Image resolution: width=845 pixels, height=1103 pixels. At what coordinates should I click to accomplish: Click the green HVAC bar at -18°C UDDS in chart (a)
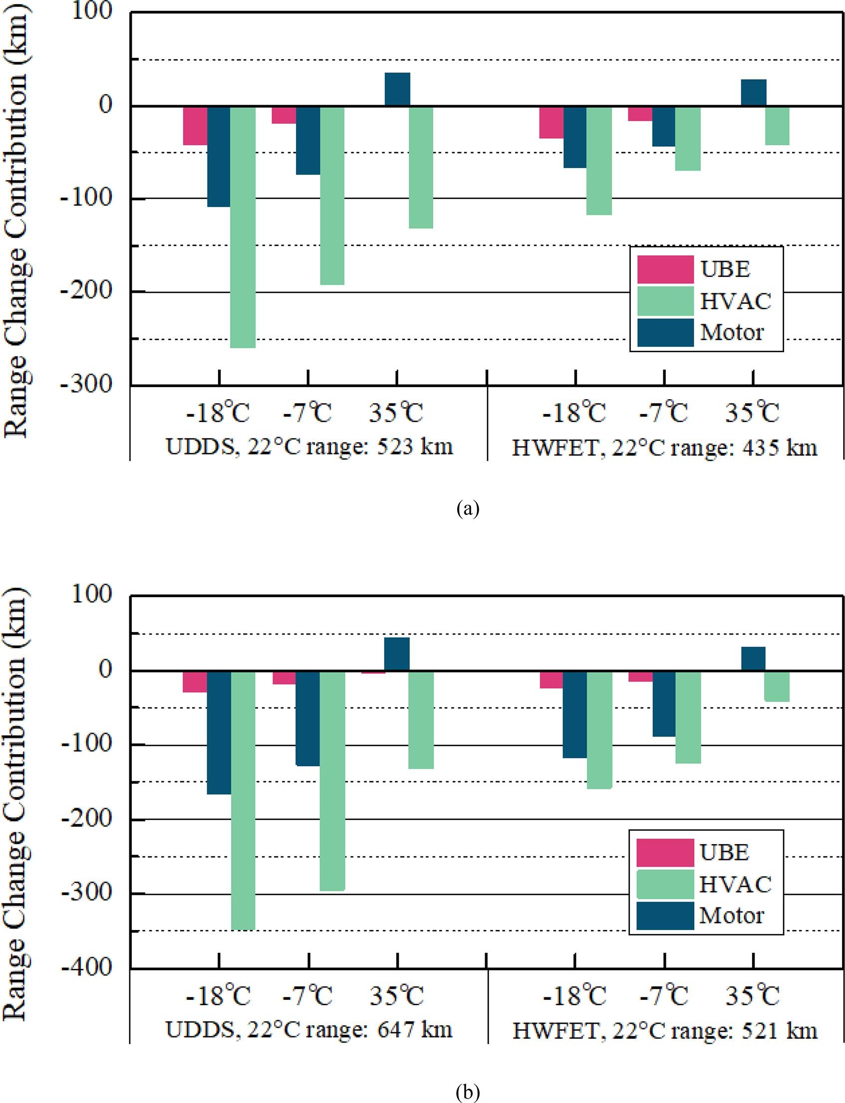(x=243, y=226)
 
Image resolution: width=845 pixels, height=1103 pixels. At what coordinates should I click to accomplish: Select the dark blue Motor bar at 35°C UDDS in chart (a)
(x=397, y=89)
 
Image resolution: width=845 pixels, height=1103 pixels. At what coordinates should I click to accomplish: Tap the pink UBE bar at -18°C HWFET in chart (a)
(x=551, y=122)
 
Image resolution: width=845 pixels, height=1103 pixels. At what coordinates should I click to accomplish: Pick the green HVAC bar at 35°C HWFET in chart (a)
(x=777, y=126)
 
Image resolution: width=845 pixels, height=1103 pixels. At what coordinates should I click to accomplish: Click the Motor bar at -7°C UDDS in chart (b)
(x=308, y=718)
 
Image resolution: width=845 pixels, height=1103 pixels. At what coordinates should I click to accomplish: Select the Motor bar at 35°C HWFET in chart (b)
(x=753, y=659)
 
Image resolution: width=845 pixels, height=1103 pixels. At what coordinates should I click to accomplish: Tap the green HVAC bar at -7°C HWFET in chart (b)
(x=688, y=717)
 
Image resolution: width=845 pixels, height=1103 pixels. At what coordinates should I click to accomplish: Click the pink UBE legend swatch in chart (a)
(x=665, y=269)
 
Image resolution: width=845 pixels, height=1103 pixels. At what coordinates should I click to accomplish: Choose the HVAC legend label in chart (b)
(x=735, y=884)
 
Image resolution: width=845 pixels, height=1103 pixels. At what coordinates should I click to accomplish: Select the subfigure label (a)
(x=468, y=509)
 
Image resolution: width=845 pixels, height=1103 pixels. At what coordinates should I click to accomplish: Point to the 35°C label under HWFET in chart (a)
(x=752, y=413)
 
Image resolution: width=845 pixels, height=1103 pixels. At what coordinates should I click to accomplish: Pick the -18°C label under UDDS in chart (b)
(x=218, y=996)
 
